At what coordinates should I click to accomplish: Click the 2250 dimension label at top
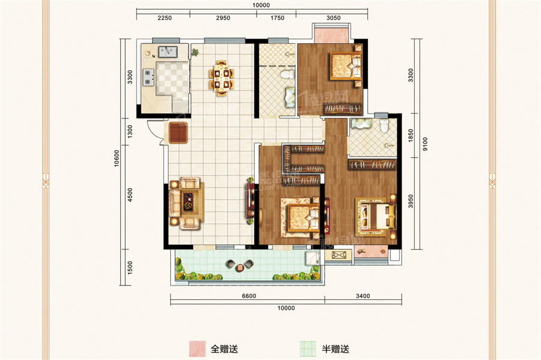coord(165,18)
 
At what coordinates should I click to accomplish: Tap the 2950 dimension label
coord(222,18)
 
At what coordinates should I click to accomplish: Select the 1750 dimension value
coord(277,18)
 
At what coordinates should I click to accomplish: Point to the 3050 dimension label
coord(334,18)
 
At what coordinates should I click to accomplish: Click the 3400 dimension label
coord(362,296)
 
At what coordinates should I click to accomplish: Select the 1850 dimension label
coord(411,136)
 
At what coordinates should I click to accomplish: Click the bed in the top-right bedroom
coord(345,67)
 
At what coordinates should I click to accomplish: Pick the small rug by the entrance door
coord(179,133)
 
